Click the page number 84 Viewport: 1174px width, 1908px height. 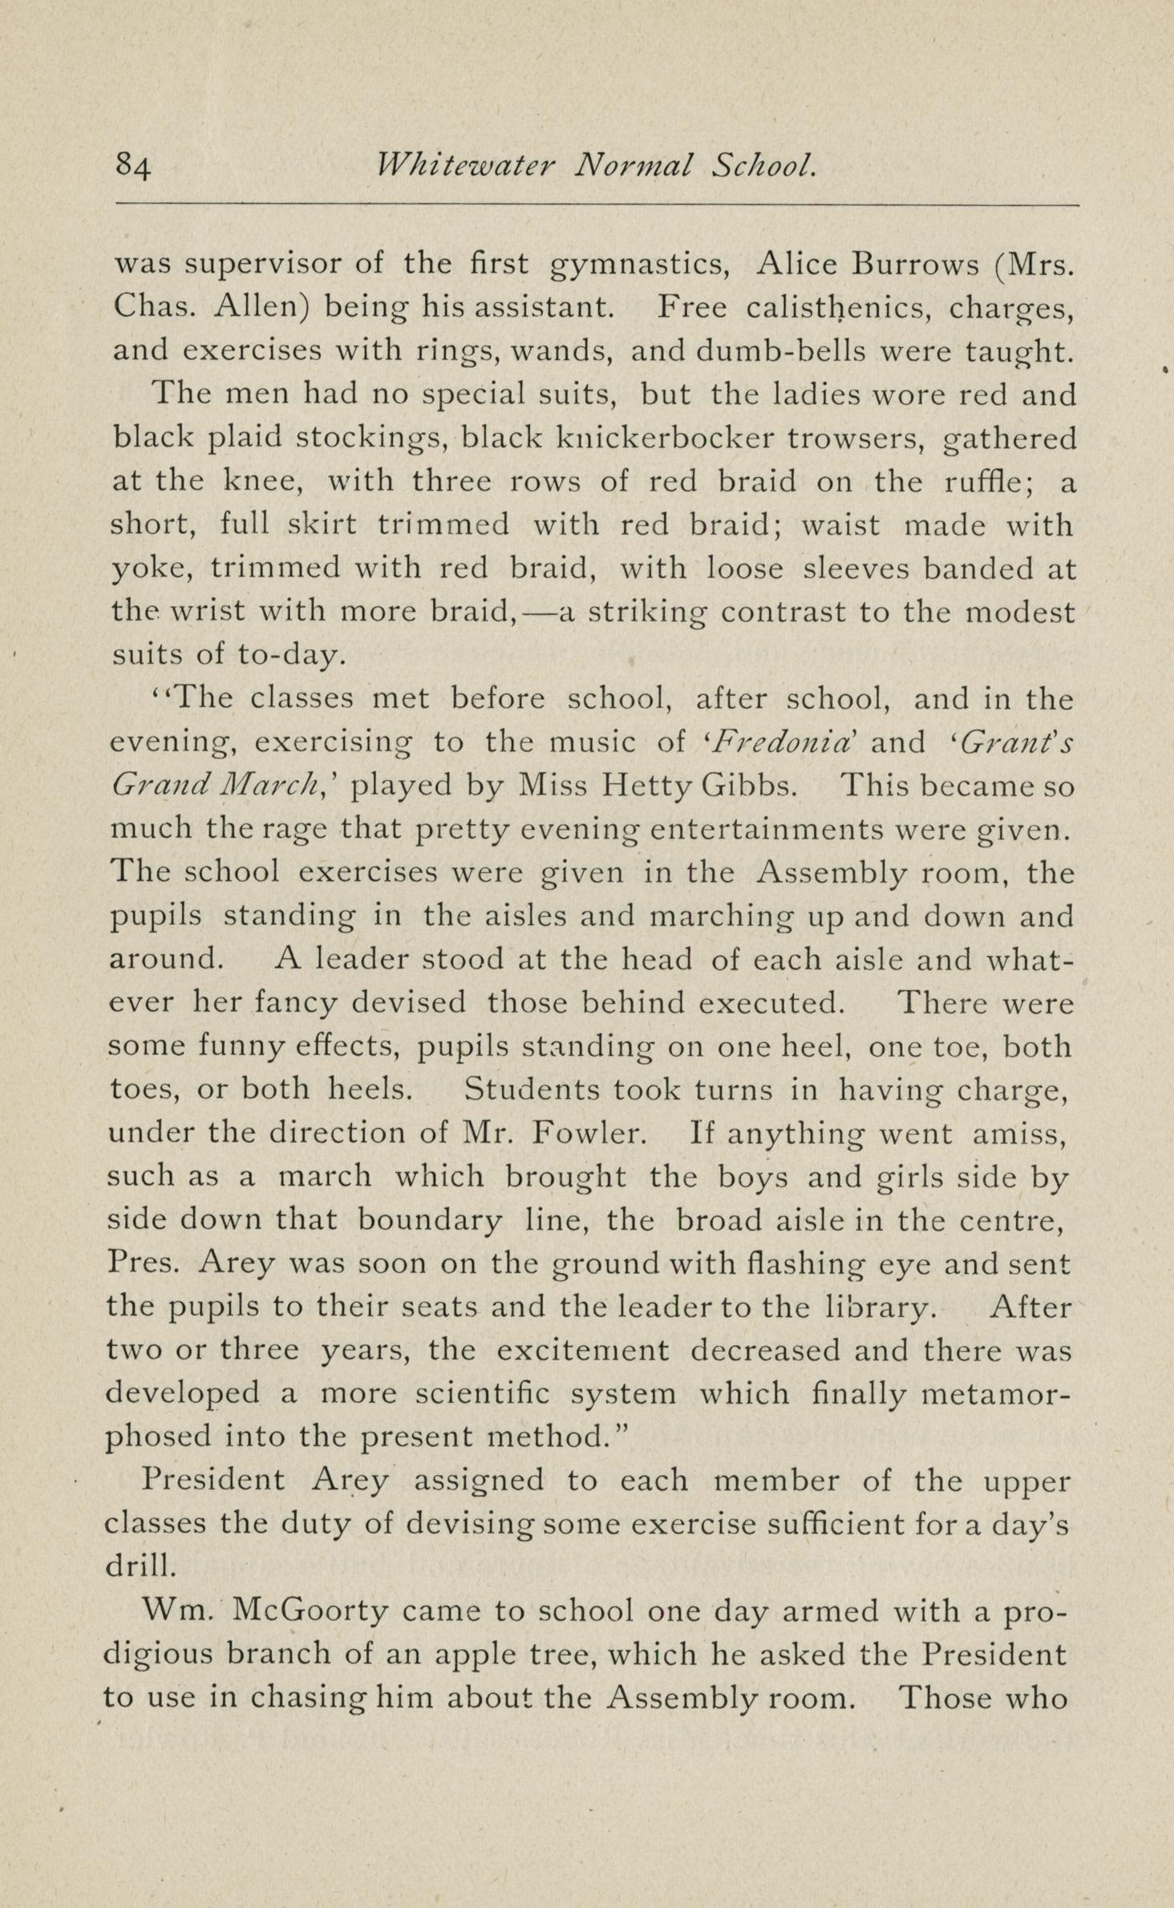[x=134, y=167]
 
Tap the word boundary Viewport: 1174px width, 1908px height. [x=429, y=1220]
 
